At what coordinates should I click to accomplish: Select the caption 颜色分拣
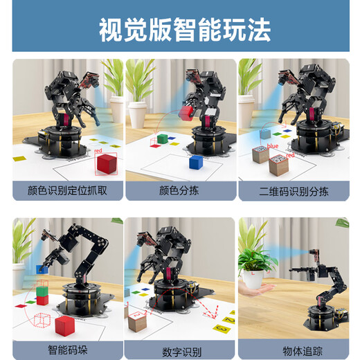tap(180, 190)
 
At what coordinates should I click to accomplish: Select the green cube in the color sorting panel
tap(162, 140)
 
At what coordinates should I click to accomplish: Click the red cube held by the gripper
tap(187, 112)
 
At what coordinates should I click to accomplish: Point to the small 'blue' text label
tap(272, 147)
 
